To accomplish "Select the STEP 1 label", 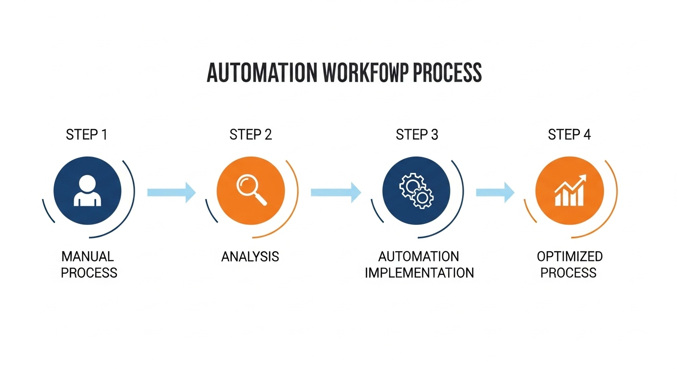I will click(87, 135).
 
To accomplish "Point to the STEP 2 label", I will click(251, 135).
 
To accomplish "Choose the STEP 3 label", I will click(417, 135).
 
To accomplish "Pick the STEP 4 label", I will click(569, 135).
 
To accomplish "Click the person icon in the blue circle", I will click(88, 191).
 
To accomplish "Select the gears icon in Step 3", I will click(416, 191).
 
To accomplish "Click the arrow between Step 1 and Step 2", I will click(171, 192).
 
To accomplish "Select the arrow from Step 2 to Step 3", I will click(336, 192).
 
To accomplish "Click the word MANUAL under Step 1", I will click(88, 256).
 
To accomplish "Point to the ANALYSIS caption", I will click(250, 257).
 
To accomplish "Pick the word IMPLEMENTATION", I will click(419, 273).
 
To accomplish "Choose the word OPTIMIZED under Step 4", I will click(570, 256).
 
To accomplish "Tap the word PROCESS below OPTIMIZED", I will click(568, 273).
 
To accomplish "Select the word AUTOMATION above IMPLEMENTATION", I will click(418, 256).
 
